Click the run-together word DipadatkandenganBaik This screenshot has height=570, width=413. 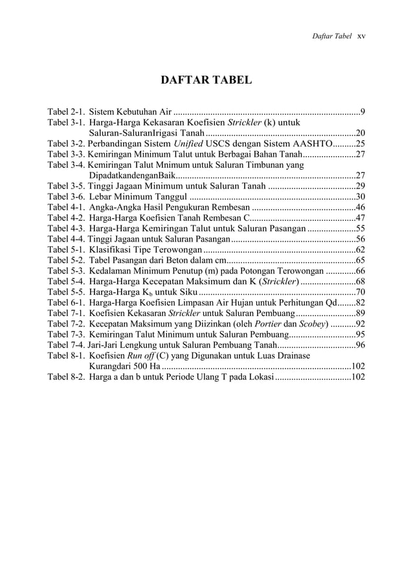pos(132,176)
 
